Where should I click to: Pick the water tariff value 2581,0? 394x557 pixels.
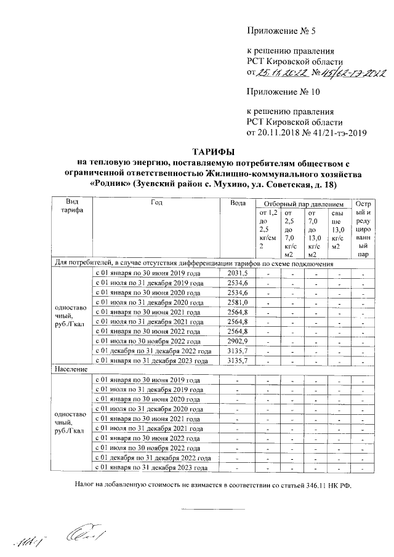pyautogui.click(x=237, y=302)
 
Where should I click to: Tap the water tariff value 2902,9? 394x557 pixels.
pyautogui.click(x=237, y=341)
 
